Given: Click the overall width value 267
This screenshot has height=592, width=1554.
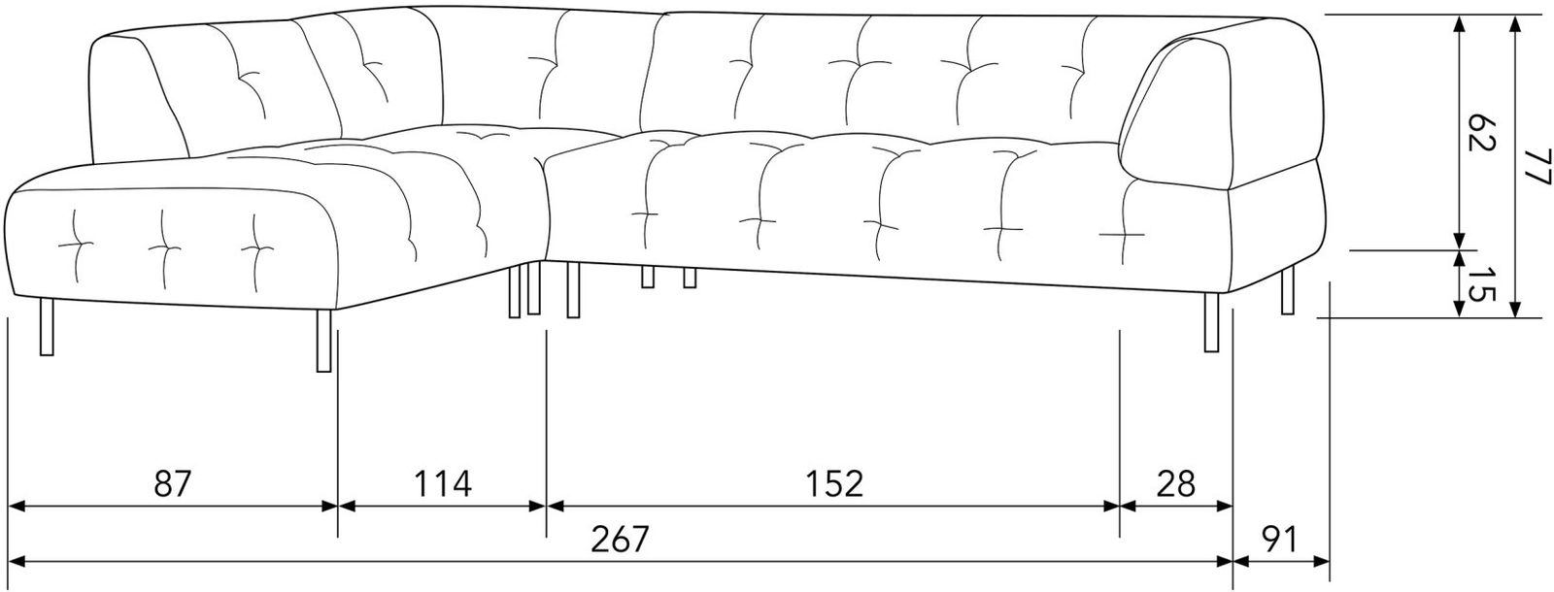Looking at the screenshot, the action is coord(620,539).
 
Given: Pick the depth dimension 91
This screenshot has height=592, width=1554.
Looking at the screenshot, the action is coord(1281,539).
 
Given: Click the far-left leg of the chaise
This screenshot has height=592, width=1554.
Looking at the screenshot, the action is coord(48,327).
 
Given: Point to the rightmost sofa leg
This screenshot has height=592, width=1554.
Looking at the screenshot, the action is coord(1288,290).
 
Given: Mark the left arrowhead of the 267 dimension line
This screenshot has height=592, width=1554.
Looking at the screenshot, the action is coord(17,562).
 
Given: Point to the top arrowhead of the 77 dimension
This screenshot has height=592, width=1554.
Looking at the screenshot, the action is coord(1516,25).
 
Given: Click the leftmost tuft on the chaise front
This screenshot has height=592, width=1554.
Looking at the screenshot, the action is coord(76,244).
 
